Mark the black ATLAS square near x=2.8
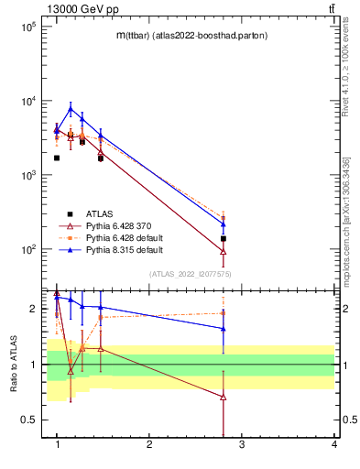pos(224,238)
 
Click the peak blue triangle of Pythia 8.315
pos(71,109)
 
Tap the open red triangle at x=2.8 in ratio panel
pos(224,397)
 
